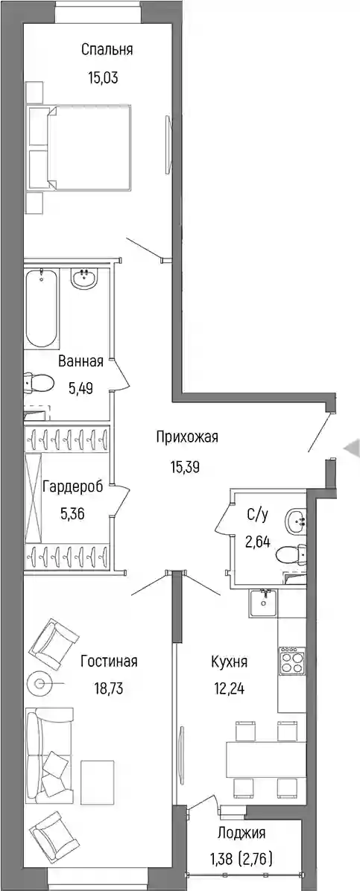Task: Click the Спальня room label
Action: click(107, 50)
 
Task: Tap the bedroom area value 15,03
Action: click(103, 77)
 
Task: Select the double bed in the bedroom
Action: click(89, 148)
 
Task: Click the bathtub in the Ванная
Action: click(42, 310)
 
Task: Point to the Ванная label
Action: click(80, 361)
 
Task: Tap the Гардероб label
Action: click(73, 486)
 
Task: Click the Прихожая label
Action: click(186, 437)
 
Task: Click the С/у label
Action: click(257, 515)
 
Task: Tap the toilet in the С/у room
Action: click(292, 553)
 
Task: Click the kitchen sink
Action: click(263, 603)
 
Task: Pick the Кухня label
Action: click(229, 662)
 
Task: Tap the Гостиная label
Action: click(110, 662)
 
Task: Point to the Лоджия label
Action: click(241, 834)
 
